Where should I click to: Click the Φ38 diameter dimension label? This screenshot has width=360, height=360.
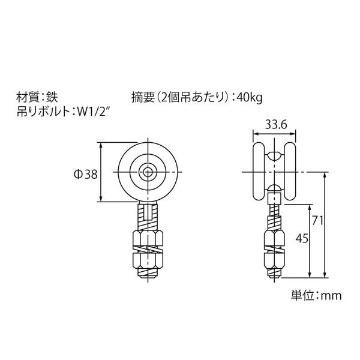coord(86,175)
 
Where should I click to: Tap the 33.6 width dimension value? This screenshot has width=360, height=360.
coord(276,125)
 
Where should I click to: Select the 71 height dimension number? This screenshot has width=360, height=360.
coord(317,220)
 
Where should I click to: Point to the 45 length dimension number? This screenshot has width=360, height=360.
coord(302,239)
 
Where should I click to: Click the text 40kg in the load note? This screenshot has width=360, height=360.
coord(249,98)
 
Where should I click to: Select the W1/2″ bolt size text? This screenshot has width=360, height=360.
coord(93,112)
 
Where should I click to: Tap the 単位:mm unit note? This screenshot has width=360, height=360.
coord(316,295)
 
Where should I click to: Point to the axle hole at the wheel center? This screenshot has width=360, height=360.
coord(148,172)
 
